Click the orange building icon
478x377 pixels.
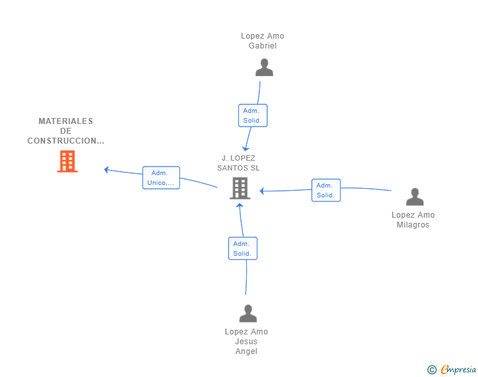pos(68,161)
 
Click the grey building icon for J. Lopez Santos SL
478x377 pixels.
pos(240,188)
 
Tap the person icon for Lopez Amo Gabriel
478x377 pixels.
pos(265,68)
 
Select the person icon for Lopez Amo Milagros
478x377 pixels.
pos(415,197)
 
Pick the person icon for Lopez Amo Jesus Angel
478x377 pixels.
pos(248,313)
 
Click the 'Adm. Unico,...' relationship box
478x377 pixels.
pos(161,178)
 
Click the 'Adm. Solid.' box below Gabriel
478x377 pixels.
pos(253,115)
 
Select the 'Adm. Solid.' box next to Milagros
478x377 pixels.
pos(326,190)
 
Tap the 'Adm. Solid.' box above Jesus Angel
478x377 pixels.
pos(243,248)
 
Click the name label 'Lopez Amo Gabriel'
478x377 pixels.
pos(263,41)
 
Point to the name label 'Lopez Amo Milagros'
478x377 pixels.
pos(413,220)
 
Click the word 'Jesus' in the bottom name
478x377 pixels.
pos(246,342)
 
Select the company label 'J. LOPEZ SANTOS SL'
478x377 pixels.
pos(238,163)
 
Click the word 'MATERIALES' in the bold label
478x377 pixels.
pos(66,121)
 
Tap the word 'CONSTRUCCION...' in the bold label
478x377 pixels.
pos(66,141)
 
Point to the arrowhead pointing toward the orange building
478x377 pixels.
pos(106,170)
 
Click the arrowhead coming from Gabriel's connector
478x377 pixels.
pos(246,149)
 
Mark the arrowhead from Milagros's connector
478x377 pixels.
pos(261,191)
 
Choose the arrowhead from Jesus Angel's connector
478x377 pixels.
pos(240,205)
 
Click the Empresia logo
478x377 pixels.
pos(452,369)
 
